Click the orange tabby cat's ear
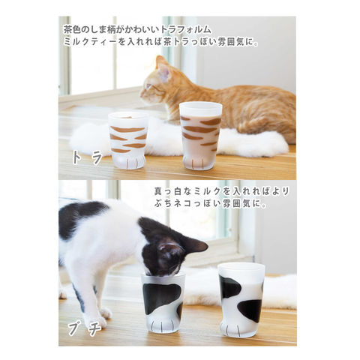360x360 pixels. click(162, 66)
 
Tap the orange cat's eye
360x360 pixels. click(148, 86)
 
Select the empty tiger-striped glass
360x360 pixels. click(128, 140)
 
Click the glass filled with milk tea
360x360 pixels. click(200, 136)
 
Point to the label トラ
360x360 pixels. click(87, 157)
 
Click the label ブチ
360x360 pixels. click(85, 329)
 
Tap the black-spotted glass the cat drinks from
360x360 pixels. click(163, 302)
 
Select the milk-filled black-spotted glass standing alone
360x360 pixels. click(241, 299)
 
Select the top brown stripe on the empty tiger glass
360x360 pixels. click(127, 130)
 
